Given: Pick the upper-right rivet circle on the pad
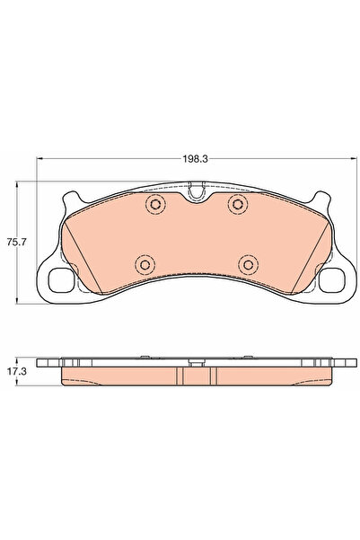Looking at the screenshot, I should [x=237, y=206].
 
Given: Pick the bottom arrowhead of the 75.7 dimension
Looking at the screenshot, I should [x=19, y=301].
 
